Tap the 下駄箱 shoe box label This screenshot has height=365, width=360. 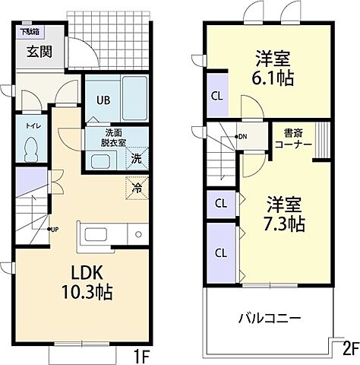[30, 32]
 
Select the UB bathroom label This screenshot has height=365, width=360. [103, 100]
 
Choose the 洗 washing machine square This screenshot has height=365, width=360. [136, 160]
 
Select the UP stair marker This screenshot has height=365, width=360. [55, 229]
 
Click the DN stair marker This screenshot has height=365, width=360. [241, 137]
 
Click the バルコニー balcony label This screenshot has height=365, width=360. [270, 317]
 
